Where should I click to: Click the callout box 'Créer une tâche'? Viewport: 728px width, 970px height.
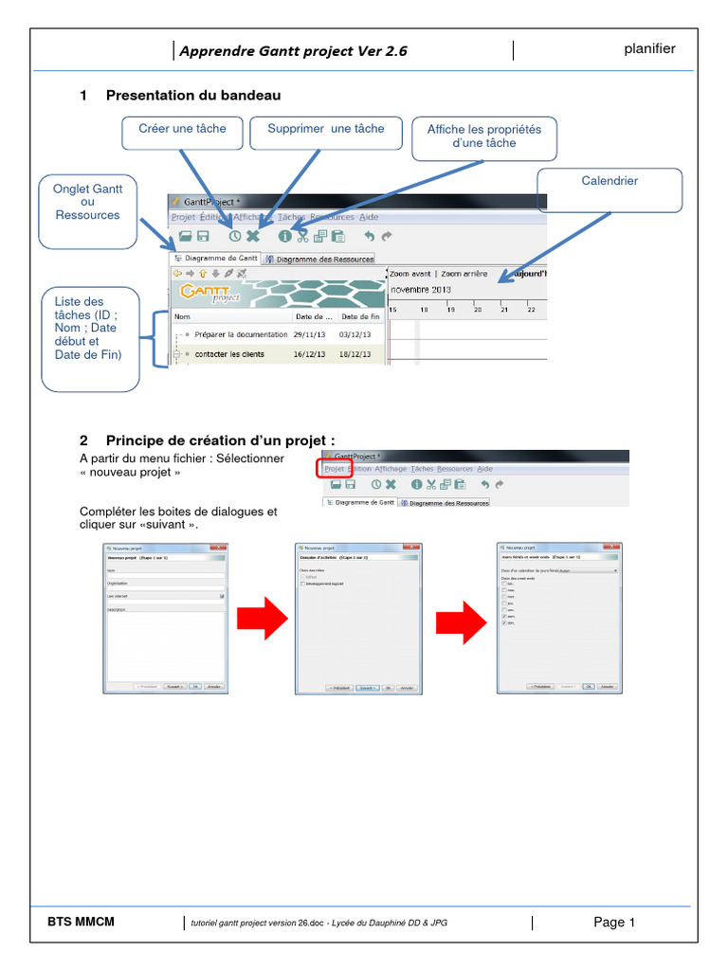click(x=182, y=133)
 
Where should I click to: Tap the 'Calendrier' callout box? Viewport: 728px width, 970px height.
click(x=610, y=189)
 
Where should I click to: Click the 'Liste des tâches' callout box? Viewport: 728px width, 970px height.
click(x=90, y=341)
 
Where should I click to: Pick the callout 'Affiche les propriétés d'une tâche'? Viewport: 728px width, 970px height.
click(x=484, y=138)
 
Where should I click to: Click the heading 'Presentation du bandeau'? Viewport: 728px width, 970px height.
click(x=193, y=96)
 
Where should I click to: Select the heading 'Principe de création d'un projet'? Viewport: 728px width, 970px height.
click(x=220, y=440)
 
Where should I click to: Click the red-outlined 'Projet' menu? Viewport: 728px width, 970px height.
click(x=334, y=468)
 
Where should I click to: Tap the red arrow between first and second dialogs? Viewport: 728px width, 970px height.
click(x=262, y=620)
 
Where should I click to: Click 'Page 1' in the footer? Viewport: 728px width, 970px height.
click(x=614, y=922)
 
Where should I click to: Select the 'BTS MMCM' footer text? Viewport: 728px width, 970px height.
click(x=81, y=921)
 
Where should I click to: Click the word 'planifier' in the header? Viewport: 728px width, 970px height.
click(x=649, y=49)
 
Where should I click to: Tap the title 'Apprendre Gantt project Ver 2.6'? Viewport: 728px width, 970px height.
click(x=294, y=51)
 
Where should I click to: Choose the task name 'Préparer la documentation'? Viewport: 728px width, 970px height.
click(x=240, y=334)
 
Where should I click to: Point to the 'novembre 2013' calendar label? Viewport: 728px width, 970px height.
click(x=421, y=289)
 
